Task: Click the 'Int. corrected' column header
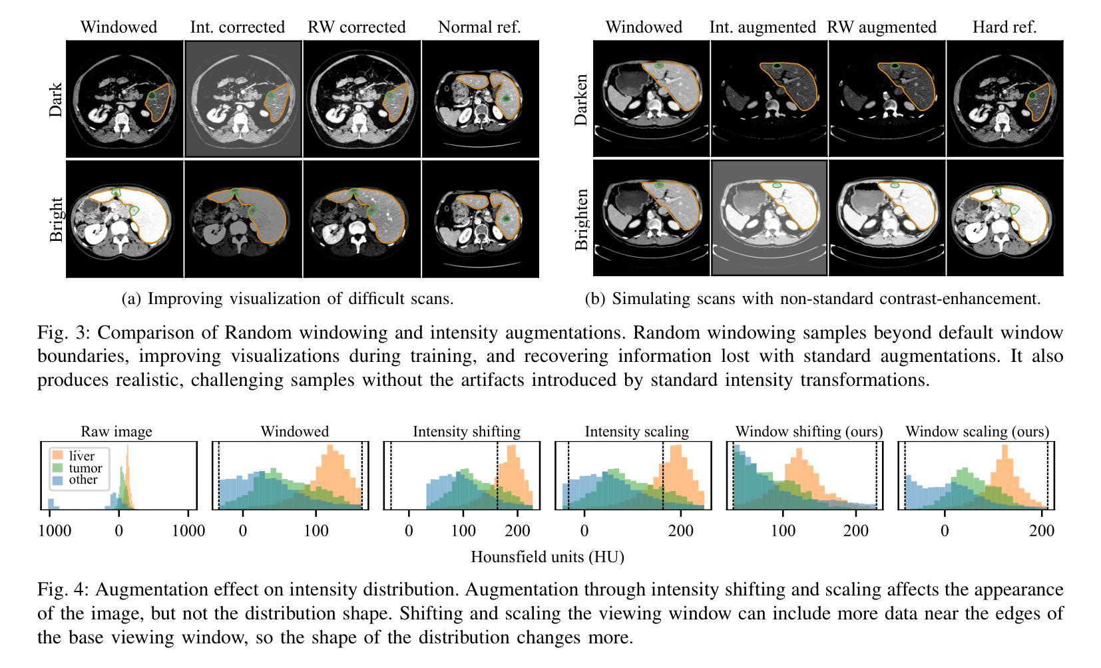237,27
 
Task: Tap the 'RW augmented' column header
881,27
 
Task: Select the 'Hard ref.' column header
1004,27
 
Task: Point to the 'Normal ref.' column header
479,27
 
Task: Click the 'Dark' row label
56,99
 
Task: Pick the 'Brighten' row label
582,219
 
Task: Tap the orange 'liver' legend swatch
58,456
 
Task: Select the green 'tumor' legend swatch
58,468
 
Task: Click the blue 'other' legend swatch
58,480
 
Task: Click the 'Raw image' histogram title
116,432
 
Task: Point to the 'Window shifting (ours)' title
809,432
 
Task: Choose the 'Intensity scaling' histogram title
636,432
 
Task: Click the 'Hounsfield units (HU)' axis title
547,557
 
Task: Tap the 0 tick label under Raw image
119,531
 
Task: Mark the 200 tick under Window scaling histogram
1041,531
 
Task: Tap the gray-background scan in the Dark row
243,99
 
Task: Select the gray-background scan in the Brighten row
769,218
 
